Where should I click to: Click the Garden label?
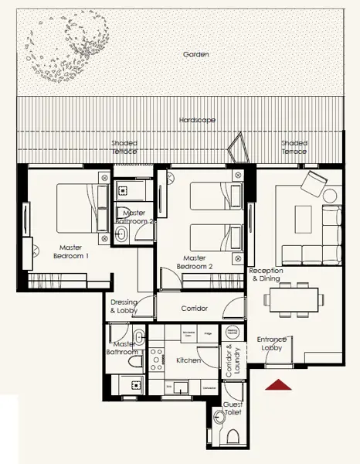click(196, 55)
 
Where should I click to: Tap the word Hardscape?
click(197, 121)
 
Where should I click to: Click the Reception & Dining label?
click(266, 275)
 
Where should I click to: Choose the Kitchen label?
click(188, 360)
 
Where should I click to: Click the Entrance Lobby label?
click(272, 344)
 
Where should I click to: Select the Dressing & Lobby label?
click(124, 306)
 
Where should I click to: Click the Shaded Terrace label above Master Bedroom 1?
click(124, 147)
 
